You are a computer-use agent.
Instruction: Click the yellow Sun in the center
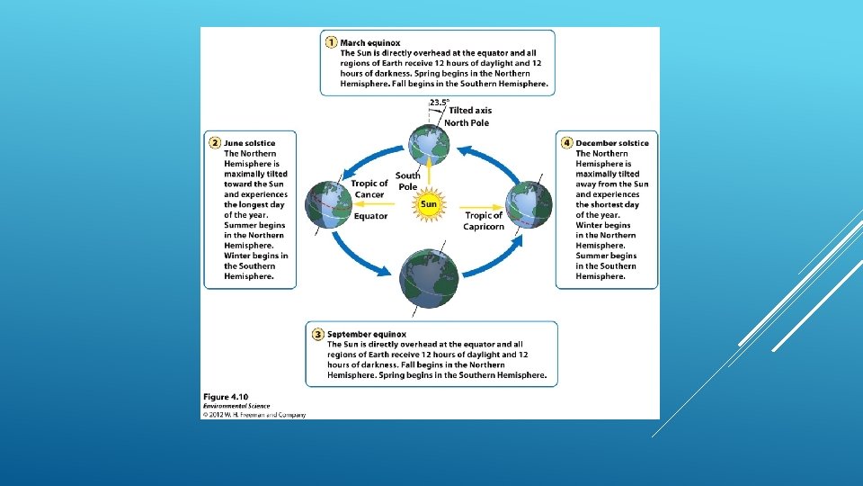[x=429, y=204]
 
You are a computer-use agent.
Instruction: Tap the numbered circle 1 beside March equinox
[x=331, y=42]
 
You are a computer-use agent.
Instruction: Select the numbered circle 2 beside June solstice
[x=215, y=143]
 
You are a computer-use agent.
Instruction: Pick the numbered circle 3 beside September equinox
[x=317, y=334]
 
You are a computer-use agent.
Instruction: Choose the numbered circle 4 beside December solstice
[x=566, y=143]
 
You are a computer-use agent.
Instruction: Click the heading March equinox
[x=370, y=42]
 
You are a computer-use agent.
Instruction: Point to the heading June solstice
[x=250, y=143]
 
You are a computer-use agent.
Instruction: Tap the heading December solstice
[x=612, y=143]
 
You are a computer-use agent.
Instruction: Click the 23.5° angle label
[x=439, y=103]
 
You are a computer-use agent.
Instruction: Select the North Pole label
[x=467, y=122]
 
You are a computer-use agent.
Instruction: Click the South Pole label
[x=407, y=181]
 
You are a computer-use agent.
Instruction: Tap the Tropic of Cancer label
[x=369, y=189]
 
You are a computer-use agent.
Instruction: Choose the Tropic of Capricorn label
[x=484, y=220]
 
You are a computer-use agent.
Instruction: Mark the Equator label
[x=370, y=216]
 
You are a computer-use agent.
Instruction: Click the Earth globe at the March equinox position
[x=429, y=144]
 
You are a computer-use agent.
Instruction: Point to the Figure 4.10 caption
[x=226, y=397]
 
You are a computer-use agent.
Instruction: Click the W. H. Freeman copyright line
[x=254, y=415]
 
